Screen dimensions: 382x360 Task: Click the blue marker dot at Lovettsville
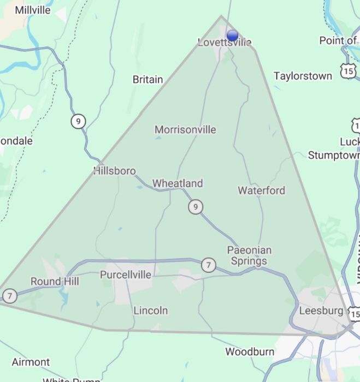pyautogui.click(x=232, y=35)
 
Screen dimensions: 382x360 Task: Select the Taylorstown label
pyautogui.click(x=303, y=76)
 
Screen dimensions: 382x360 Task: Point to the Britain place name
pyautogui.click(x=147, y=80)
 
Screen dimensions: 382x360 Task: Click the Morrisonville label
pyautogui.click(x=185, y=130)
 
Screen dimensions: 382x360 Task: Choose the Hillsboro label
pyautogui.click(x=115, y=171)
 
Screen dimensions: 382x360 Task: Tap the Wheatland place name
pyautogui.click(x=177, y=183)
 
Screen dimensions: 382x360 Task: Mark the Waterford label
pyautogui.click(x=261, y=190)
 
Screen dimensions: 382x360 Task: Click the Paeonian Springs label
pyautogui.click(x=249, y=255)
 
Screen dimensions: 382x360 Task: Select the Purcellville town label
pyautogui.click(x=126, y=275)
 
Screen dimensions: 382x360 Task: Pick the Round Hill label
pyautogui.click(x=55, y=282)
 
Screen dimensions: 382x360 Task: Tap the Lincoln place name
pyautogui.click(x=151, y=311)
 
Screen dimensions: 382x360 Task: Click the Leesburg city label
pyautogui.click(x=321, y=311)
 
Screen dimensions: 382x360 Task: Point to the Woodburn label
pyautogui.click(x=250, y=351)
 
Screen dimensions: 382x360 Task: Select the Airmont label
pyautogui.click(x=31, y=362)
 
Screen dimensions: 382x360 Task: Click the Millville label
pyautogui.click(x=33, y=10)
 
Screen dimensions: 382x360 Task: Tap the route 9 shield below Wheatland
pyautogui.click(x=195, y=207)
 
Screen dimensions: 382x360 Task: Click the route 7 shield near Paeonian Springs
pyautogui.click(x=208, y=265)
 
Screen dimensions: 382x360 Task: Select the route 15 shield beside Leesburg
pyautogui.click(x=355, y=315)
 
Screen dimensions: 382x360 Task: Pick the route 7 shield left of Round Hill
pyautogui.click(x=9, y=296)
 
